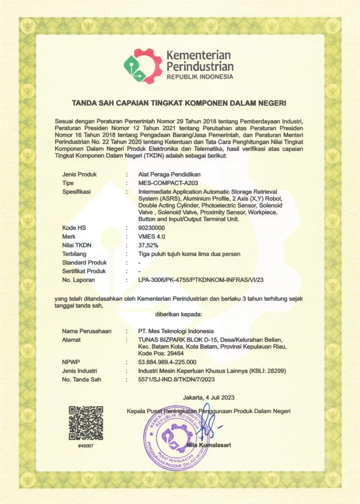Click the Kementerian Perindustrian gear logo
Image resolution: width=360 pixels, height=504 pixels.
(x=143, y=66)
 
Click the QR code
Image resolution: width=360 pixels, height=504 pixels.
(x=86, y=423)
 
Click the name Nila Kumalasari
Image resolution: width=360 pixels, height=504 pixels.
(x=209, y=445)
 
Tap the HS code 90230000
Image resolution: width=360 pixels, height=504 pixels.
(x=151, y=228)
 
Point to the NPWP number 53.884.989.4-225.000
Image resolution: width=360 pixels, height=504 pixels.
(x=168, y=362)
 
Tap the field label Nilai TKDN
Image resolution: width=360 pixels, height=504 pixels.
(x=77, y=245)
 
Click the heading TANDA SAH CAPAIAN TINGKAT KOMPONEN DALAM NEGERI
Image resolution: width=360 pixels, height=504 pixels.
(x=179, y=103)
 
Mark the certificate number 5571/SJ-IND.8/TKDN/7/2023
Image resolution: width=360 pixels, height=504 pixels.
(x=177, y=379)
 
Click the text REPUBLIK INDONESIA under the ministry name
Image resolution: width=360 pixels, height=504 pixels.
(x=200, y=77)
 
